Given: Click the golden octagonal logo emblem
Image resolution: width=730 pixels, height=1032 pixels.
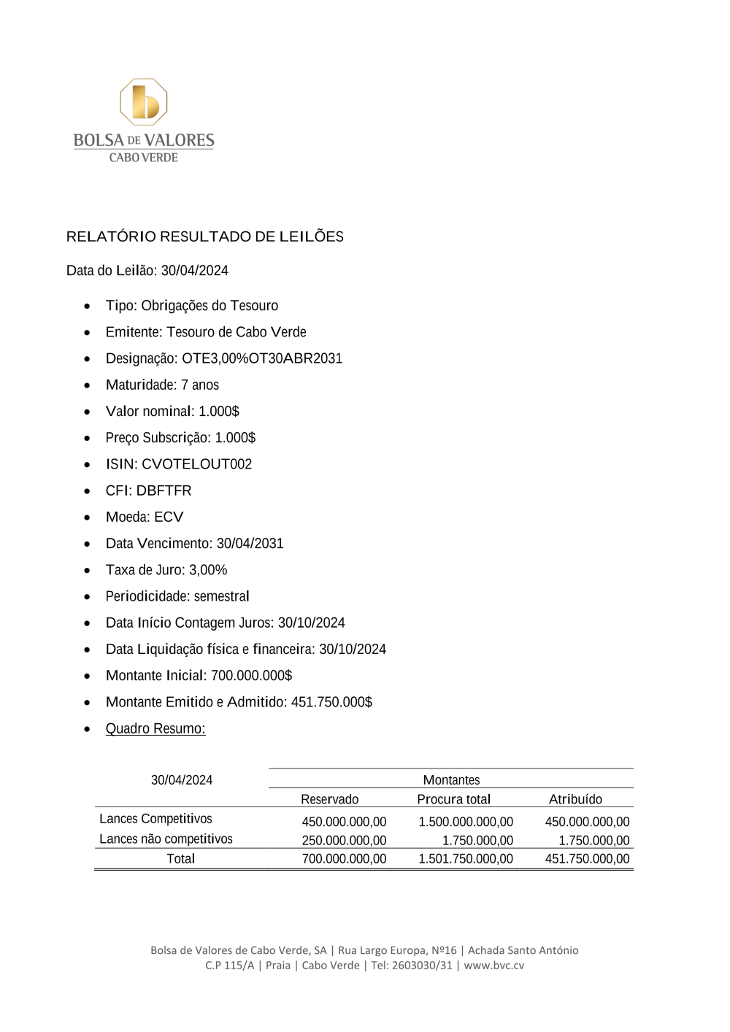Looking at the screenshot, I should [144, 102].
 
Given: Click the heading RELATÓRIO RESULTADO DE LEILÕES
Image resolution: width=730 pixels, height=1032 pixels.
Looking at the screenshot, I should [204, 236].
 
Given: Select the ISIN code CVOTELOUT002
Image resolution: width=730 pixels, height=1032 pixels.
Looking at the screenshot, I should [196, 464].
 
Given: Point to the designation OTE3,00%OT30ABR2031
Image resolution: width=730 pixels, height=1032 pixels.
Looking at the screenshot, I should [262, 358].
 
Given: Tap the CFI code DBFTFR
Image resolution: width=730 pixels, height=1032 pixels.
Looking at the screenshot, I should [164, 490].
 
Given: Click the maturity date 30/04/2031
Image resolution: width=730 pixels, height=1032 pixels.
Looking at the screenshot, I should [250, 544].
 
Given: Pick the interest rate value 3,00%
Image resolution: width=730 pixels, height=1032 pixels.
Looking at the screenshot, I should [208, 570].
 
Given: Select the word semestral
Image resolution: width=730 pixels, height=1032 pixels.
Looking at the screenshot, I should [221, 596].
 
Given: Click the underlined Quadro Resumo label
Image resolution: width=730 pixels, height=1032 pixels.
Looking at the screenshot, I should [155, 728].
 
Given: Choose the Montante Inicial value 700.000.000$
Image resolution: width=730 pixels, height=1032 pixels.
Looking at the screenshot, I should [251, 676].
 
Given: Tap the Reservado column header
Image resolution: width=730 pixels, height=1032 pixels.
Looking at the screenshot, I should [329, 799].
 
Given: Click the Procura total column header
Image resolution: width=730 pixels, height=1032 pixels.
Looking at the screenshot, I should [453, 799].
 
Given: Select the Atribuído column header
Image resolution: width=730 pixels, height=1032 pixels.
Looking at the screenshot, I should [575, 799].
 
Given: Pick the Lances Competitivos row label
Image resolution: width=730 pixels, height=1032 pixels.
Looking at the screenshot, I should [155, 819].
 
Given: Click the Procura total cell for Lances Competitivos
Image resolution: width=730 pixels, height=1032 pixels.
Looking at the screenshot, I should [466, 822].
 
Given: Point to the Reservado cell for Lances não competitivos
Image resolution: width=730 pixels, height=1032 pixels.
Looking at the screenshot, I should [344, 841].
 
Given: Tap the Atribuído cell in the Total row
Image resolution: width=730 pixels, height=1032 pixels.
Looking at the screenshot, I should [587, 859].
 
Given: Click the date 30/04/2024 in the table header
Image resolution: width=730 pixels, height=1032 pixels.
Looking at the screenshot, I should [182, 780].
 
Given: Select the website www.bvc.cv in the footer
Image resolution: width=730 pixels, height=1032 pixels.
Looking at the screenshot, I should [493, 965].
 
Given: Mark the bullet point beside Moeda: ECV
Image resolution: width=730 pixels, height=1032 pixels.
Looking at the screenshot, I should [88, 517].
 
